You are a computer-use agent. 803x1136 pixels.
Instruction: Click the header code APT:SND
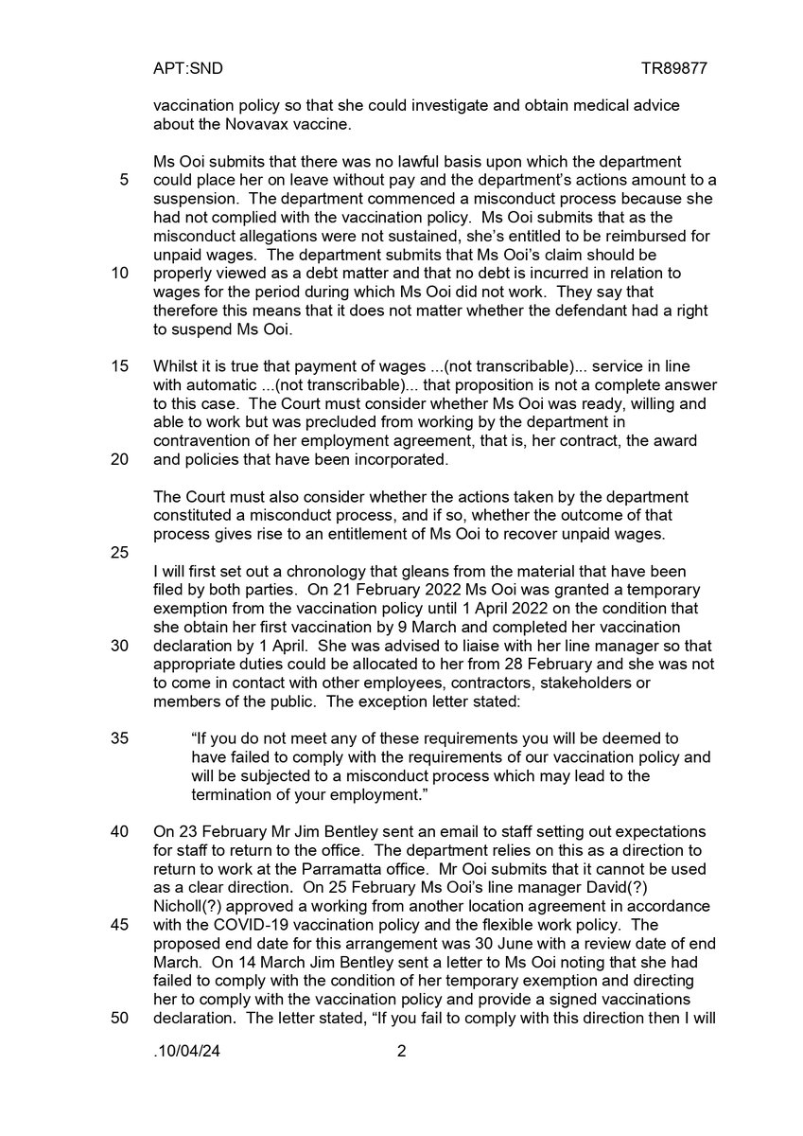click(x=187, y=69)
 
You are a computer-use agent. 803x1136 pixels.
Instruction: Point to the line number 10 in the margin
click(x=120, y=274)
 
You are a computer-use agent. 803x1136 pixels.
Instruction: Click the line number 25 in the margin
click(x=120, y=552)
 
